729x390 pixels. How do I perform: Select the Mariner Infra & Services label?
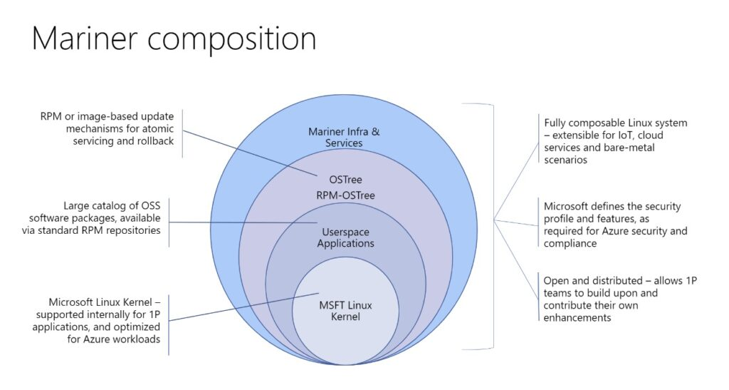pyautogui.click(x=345, y=137)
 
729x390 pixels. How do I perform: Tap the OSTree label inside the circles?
pyautogui.click(x=345, y=180)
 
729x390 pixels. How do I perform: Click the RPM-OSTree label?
pyautogui.click(x=345, y=194)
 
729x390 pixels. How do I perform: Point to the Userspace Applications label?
pyautogui.click(x=345, y=237)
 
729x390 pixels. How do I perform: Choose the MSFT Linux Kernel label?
pyautogui.click(x=345, y=311)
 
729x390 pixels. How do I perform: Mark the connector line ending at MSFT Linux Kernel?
pyautogui.click(x=242, y=307)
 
